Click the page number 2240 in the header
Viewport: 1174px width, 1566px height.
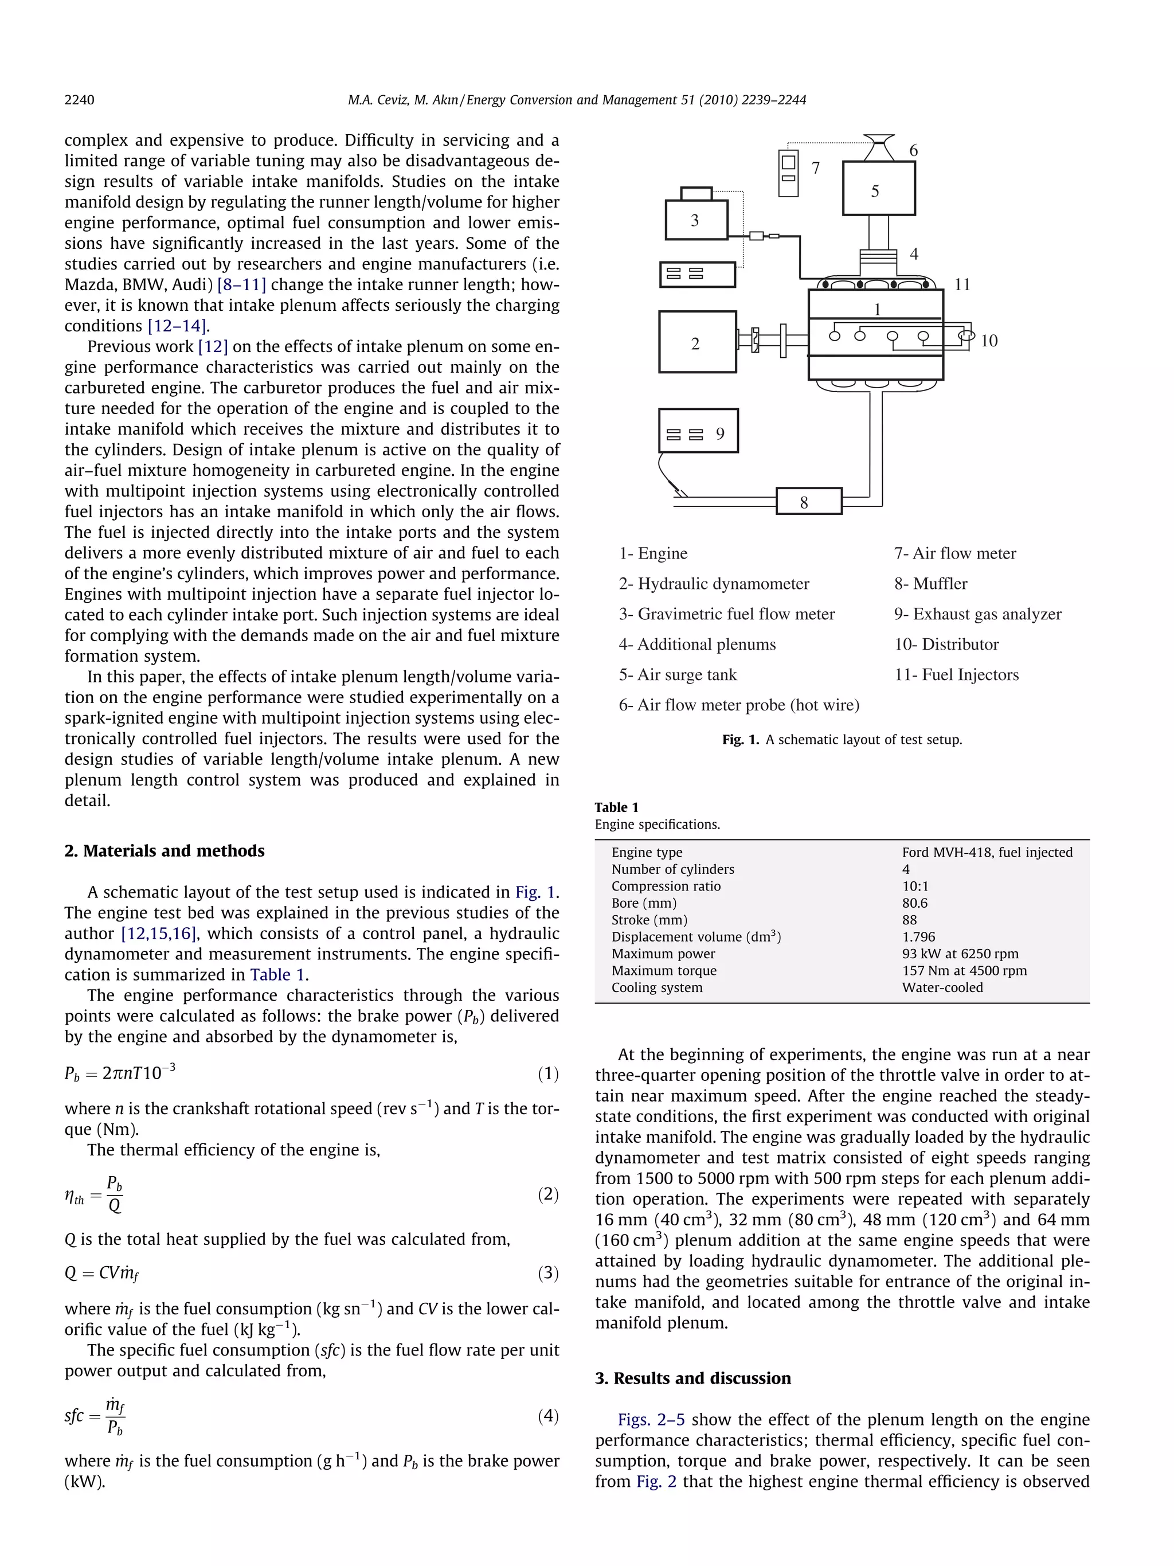pyautogui.click(x=79, y=100)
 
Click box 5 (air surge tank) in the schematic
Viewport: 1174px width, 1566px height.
pyautogui.click(x=878, y=188)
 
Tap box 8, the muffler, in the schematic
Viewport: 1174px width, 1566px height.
pyautogui.click(x=809, y=501)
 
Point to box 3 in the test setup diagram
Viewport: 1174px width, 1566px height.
pyautogui.click(x=696, y=220)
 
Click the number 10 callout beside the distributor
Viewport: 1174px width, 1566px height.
pyautogui.click(x=989, y=341)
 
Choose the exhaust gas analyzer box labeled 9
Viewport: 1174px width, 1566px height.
pyautogui.click(x=698, y=431)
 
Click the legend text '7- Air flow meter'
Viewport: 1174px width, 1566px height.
pyautogui.click(x=954, y=553)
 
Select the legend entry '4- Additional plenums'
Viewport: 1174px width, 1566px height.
pyautogui.click(x=697, y=645)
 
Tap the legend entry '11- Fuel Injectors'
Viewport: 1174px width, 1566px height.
pyautogui.click(x=957, y=675)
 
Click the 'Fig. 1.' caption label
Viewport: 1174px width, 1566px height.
pyautogui.click(x=740, y=740)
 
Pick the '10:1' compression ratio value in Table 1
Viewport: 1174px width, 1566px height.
pyautogui.click(x=915, y=887)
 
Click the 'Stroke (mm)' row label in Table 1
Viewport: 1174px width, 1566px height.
pyautogui.click(x=649, y=920)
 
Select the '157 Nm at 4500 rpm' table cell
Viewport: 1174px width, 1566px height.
pyautogui.click(x=964, y=971)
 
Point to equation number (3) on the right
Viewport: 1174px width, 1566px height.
pyautogui.click(x=547, y=1273)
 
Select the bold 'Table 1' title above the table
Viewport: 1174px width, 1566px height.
pyautogui.click(x=616, y=808)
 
